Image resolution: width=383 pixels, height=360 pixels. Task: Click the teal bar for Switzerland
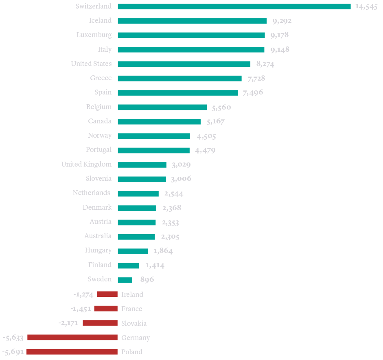[x=234, y=7]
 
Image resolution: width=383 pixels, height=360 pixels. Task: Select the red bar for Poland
[x=72, y=351]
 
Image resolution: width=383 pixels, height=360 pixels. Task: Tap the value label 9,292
[x=281, y=21]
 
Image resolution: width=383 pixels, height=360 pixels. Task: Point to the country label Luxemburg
[x=94, y=35]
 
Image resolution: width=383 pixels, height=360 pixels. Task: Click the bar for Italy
[x=191, y=50]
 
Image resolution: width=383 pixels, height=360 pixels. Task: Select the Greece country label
[x=101, y=78]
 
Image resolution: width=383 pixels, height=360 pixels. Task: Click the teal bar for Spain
[x=178, y=93]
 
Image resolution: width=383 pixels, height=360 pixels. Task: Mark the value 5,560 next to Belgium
[x=221, y=108]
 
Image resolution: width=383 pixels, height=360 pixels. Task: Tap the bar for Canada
[x=159, y=121]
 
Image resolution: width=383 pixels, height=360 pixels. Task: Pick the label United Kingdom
[x=86, y=165]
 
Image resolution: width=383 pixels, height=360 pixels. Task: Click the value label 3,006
[x=182, y=179]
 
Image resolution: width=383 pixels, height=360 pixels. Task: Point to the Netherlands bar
[x=138, y=193]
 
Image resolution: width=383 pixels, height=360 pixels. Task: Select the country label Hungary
[x=98, y=250]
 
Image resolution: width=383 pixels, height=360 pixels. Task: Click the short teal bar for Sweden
[x=125, y=280]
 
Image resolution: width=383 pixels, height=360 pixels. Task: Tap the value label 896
[x=147, y=280]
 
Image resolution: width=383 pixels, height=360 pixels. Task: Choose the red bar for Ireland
[x=107, y=294]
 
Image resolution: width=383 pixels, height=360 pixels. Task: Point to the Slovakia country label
[x=134, y=323]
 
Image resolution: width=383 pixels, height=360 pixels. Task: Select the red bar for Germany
[x=72, y=337]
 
